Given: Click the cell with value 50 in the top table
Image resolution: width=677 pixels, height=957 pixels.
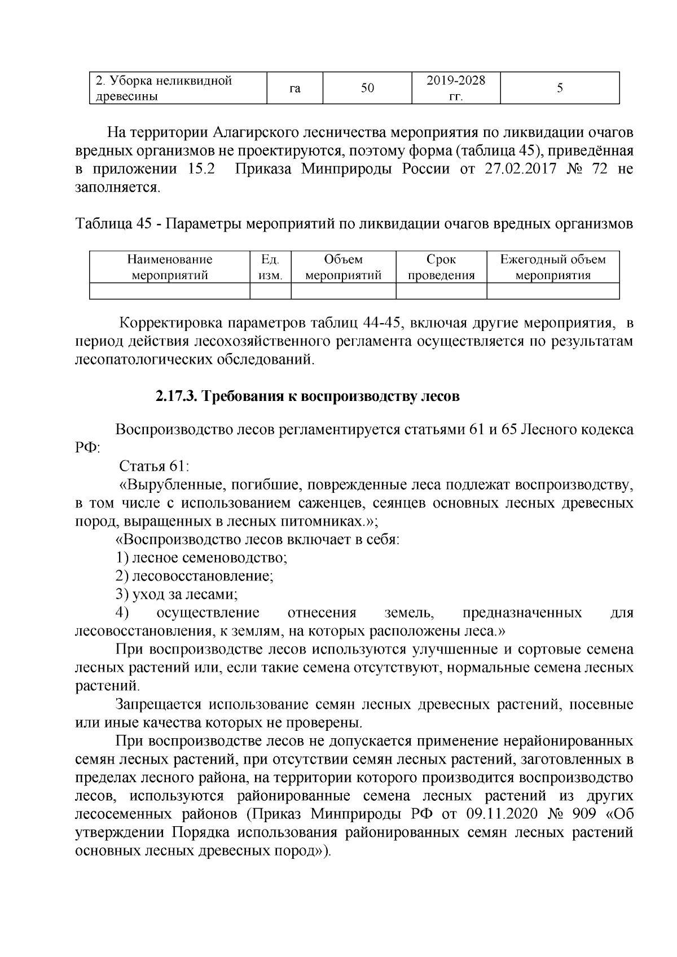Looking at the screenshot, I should pos(367,88).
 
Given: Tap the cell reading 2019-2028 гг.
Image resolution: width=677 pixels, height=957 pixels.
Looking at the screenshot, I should pos(456,88).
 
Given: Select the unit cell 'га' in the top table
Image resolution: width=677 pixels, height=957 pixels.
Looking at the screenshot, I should pos(294,88).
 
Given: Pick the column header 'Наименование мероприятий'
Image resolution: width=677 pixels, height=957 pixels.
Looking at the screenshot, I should pos(169,267).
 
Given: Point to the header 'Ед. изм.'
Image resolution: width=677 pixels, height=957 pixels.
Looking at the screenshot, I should pos(270,267).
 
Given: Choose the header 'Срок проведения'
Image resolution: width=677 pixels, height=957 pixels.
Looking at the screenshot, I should pos(441,267).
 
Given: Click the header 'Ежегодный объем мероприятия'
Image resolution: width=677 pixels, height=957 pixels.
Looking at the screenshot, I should pos(553,267).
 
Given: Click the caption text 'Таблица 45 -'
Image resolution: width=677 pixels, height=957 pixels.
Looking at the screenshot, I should pos(118,224).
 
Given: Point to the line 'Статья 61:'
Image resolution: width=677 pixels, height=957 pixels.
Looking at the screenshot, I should pos(153,466).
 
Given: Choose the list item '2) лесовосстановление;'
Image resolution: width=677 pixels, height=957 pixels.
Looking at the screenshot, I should pos(194,576).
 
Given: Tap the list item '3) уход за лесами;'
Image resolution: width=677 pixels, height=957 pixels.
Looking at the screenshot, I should pos(176,594).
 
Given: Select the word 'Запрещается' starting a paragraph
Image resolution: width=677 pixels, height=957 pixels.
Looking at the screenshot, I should pos(158,704).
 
